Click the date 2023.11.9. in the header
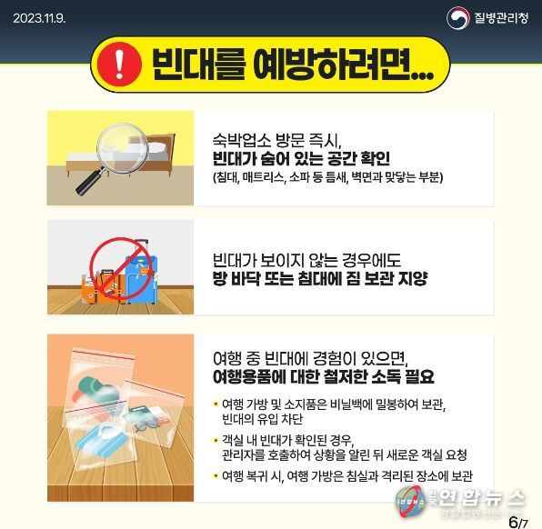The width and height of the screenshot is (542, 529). [39, 18]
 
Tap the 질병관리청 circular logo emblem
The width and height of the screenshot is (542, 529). [457, 18]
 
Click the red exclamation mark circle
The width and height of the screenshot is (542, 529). [119, 64]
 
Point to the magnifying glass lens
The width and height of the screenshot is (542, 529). [123, 148]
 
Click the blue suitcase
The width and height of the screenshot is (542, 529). [141, 276]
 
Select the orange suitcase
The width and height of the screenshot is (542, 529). [103, 287]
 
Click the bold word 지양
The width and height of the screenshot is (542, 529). [413, 278]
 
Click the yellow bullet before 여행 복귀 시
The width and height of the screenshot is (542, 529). [216, 476]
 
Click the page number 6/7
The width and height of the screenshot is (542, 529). [518, 522]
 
